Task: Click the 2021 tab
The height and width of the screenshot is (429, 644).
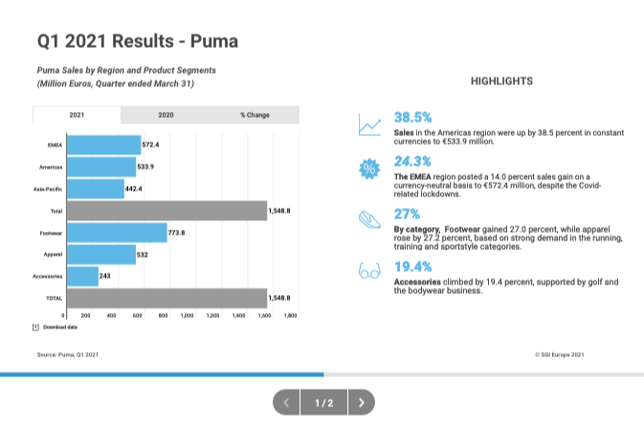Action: pos(77,115)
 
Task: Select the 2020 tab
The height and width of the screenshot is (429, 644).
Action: pos(166,115)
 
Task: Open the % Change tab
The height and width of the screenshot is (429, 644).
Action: pos(255,115)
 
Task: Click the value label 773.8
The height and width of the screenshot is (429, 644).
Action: pos(177,233)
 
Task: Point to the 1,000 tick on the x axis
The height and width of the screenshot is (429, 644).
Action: pos(188,314)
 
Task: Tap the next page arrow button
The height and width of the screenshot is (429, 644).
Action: pos(361,403)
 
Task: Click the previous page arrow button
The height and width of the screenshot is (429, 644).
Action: pos(286,403)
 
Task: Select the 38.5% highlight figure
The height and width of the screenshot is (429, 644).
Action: pos(413,117)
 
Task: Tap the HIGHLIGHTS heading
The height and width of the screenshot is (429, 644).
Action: pos(501,82)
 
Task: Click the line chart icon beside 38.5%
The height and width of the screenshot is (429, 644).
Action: pos(369,124)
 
